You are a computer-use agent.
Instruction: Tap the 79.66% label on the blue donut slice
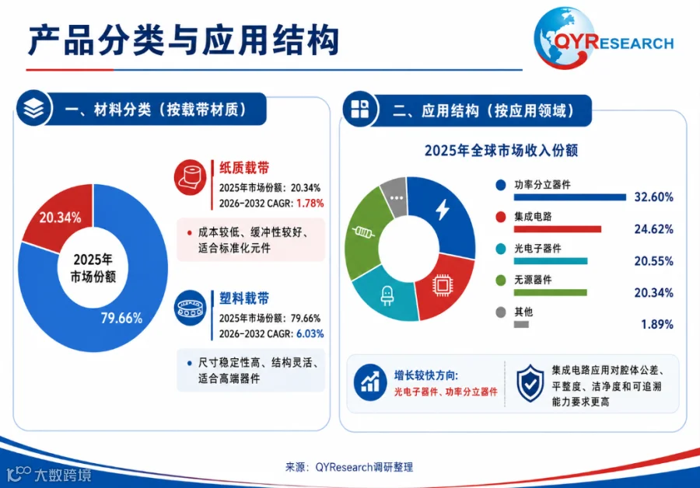click(x=121, y=318)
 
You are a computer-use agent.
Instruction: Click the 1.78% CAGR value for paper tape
click(x=310, y=204)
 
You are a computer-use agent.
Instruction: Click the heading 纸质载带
click(x=245, y=168)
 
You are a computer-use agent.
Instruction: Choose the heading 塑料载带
click(x=245, y=298)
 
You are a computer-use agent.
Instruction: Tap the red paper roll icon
click(x=191, y=177)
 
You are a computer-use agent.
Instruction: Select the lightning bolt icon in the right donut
click(x=443, y=209)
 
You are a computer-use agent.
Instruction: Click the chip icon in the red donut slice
click(x=443, y=285)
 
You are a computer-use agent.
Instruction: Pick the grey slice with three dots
click(x=394, y=197)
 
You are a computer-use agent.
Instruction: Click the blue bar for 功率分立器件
click(x=570, y=197)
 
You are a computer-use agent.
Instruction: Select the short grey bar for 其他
click(x=521, y=324)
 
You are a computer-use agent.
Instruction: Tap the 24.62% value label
click(x=653, y=229)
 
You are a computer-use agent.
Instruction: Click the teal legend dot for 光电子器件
click(x=501, y=249)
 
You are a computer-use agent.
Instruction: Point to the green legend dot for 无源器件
click(x=501, y=281)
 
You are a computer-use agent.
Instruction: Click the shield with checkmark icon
click(x=530, y=384)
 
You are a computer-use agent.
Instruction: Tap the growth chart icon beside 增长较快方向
click(x=370, y=383)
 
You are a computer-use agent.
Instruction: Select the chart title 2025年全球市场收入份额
click(x=502, y=151)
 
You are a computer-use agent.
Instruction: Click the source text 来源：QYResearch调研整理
click(x=349, y=468)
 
